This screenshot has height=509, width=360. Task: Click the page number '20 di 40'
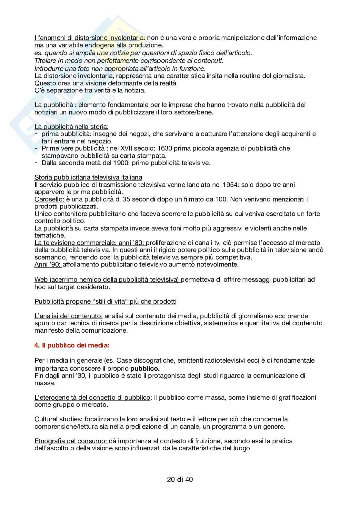180,479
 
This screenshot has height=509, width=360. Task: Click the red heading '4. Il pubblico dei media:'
72,345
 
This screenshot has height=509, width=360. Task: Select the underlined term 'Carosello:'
50,199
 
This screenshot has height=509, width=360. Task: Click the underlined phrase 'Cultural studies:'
59,419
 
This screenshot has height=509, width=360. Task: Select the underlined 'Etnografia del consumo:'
71,441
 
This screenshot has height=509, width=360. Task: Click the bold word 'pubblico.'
145,368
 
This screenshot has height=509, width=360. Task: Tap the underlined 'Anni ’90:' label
48,265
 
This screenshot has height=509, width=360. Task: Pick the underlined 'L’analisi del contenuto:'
69,316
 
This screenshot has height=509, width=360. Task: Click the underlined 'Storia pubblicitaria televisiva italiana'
88,177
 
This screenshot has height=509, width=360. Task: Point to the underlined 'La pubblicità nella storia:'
71,127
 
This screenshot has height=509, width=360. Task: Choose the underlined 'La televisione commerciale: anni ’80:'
90,243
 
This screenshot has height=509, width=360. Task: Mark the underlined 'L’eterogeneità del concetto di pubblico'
92,397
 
